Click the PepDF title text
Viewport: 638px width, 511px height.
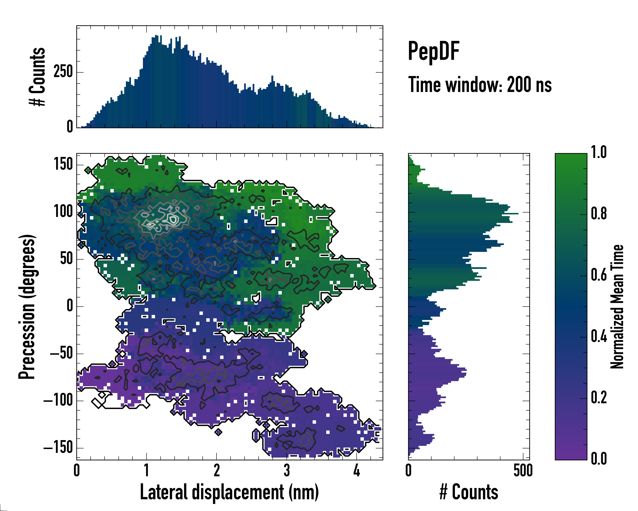pos(433,52)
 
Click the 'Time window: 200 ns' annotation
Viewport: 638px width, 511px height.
pos(480,85)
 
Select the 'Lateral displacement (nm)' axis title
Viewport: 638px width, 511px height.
pos(229,492)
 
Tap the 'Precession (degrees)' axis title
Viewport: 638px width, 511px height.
pos(27,307)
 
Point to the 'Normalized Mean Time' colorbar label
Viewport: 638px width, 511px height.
pos(617,307)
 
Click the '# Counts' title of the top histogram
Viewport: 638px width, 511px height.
pos(37,77)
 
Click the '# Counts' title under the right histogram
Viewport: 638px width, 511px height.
pos(469,492)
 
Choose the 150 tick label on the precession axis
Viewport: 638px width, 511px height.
pos(63,164)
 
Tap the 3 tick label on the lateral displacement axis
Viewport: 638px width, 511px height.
pos(286,471)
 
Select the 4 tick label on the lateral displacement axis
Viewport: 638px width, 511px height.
pos(357,471)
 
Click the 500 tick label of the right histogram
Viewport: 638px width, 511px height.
pos(523,471)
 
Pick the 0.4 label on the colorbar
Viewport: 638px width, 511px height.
pos(599,337)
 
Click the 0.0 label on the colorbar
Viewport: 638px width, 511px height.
pos(599,459)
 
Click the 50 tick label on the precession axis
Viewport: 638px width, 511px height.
pos(67,259)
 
